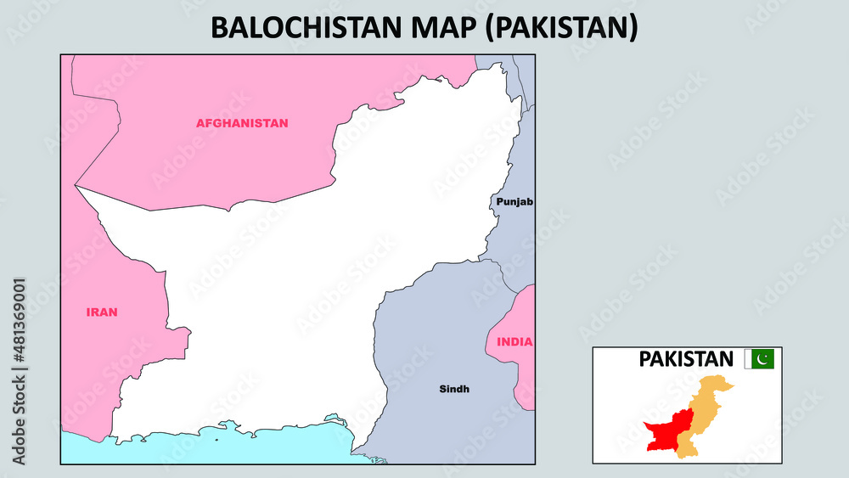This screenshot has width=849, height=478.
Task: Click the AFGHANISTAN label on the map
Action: click(242, 123)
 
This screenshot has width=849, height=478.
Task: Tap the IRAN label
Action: click(102, 312)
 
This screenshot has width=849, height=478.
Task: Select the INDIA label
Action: click(515, 342)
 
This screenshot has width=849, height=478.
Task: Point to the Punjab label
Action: click(513, 202)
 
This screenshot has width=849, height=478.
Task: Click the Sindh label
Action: click(454, 390)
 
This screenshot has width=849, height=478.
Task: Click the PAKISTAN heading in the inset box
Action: click(686, 359)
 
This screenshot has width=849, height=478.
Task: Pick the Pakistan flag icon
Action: click(759, 359)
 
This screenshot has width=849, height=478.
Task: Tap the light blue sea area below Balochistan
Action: click(212, 450)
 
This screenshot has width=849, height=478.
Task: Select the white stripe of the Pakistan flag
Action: click(748, 359)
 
